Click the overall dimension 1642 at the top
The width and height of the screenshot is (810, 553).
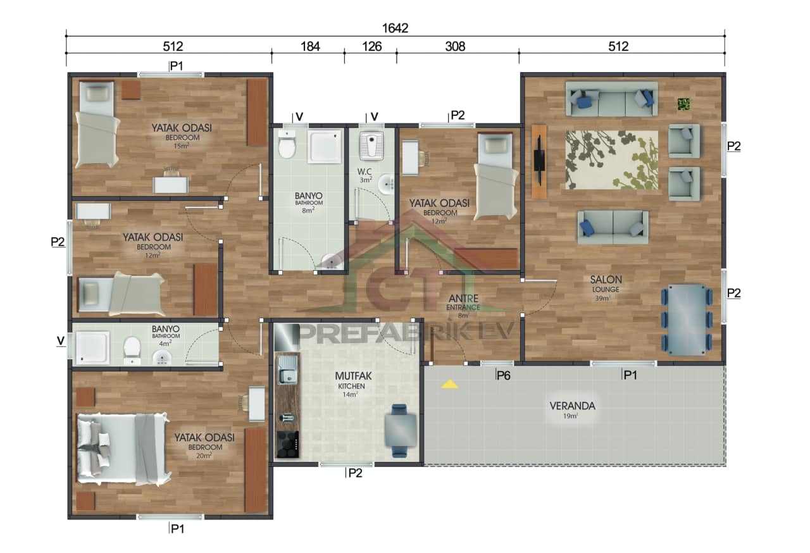click(x=395, y=28)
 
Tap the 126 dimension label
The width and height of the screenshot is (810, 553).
click(x=371, y=46)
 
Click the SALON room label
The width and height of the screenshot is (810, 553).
click(x=606, y=280)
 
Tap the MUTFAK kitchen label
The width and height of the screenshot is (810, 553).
click(x=350, y=375)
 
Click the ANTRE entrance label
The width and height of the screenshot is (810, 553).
click(x=463, y=298)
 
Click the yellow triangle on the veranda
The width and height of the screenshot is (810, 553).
click(x=449, y=383)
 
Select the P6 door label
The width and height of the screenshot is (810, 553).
click(x=503, y=375)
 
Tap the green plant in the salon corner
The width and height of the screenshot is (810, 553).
click(x=683, y=104)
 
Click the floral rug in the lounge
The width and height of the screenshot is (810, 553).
click(x=611, y=159)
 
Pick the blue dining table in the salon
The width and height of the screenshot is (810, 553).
click(x=687, y=319)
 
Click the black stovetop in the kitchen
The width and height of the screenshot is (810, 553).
click(x=288, y=444)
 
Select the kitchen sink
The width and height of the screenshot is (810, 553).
click(x=288, y=370)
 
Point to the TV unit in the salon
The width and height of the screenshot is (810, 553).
click(x=539, y=161)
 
